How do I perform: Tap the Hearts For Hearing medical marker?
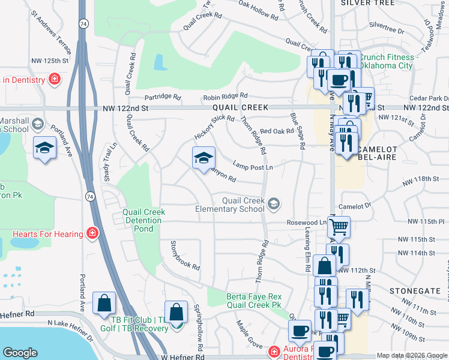point(93,233)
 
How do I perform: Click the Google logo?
point(20,353)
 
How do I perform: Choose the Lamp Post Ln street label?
point(253,167)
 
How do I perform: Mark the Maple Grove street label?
point(250,337)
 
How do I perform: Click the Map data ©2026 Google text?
point(411,355)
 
